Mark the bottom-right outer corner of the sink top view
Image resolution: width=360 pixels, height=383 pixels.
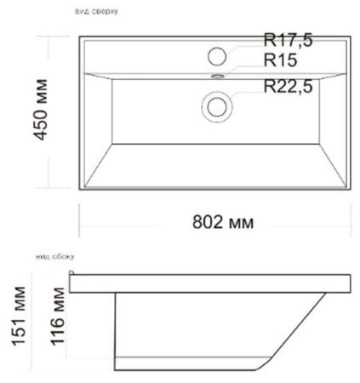(x=352, y=190)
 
